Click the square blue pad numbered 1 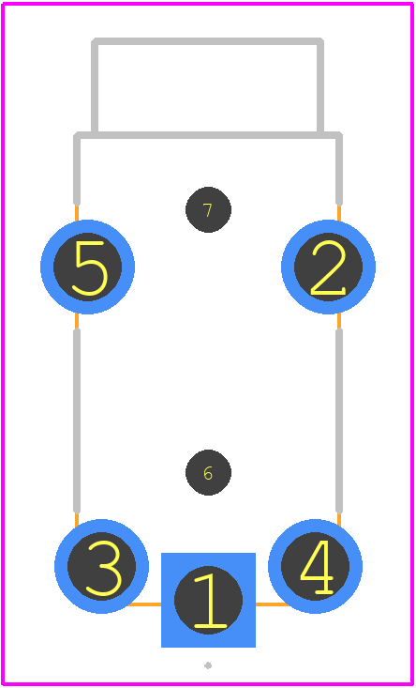[208, 600]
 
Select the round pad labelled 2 [328, 267]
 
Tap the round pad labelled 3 [101, 566]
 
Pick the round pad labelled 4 [315, 566]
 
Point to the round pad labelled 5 [87, 267]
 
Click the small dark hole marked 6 [208, 472]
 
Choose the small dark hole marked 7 [208, 209]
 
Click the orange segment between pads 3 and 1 [144, 604]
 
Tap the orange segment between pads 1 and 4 [273, 604]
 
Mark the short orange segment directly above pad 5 [77, 213]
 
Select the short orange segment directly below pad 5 [77, 321]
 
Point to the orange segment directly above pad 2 [339, 213]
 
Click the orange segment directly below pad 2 [339, 321]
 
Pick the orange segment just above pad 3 [77, 519]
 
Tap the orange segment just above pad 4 [339, 519]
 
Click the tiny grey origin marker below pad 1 [208, 666]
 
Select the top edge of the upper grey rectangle [208, 41]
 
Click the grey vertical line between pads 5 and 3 [77, 420]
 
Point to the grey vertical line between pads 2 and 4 [339, 420]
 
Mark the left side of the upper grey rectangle [94, 86]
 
